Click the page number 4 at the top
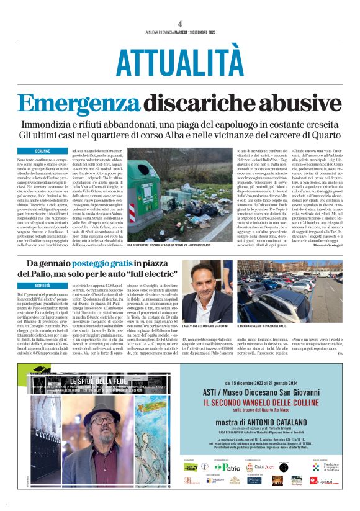pyautogui.click(x=179, y=24)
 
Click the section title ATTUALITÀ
pyautogui.click(x=180, y=61)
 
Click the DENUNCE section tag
pyautogui.click(x=43, y=151)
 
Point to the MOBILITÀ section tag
pyautogui.click(x=43, y=286)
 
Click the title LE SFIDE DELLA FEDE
pyautogui.click(x=93, y=381)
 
